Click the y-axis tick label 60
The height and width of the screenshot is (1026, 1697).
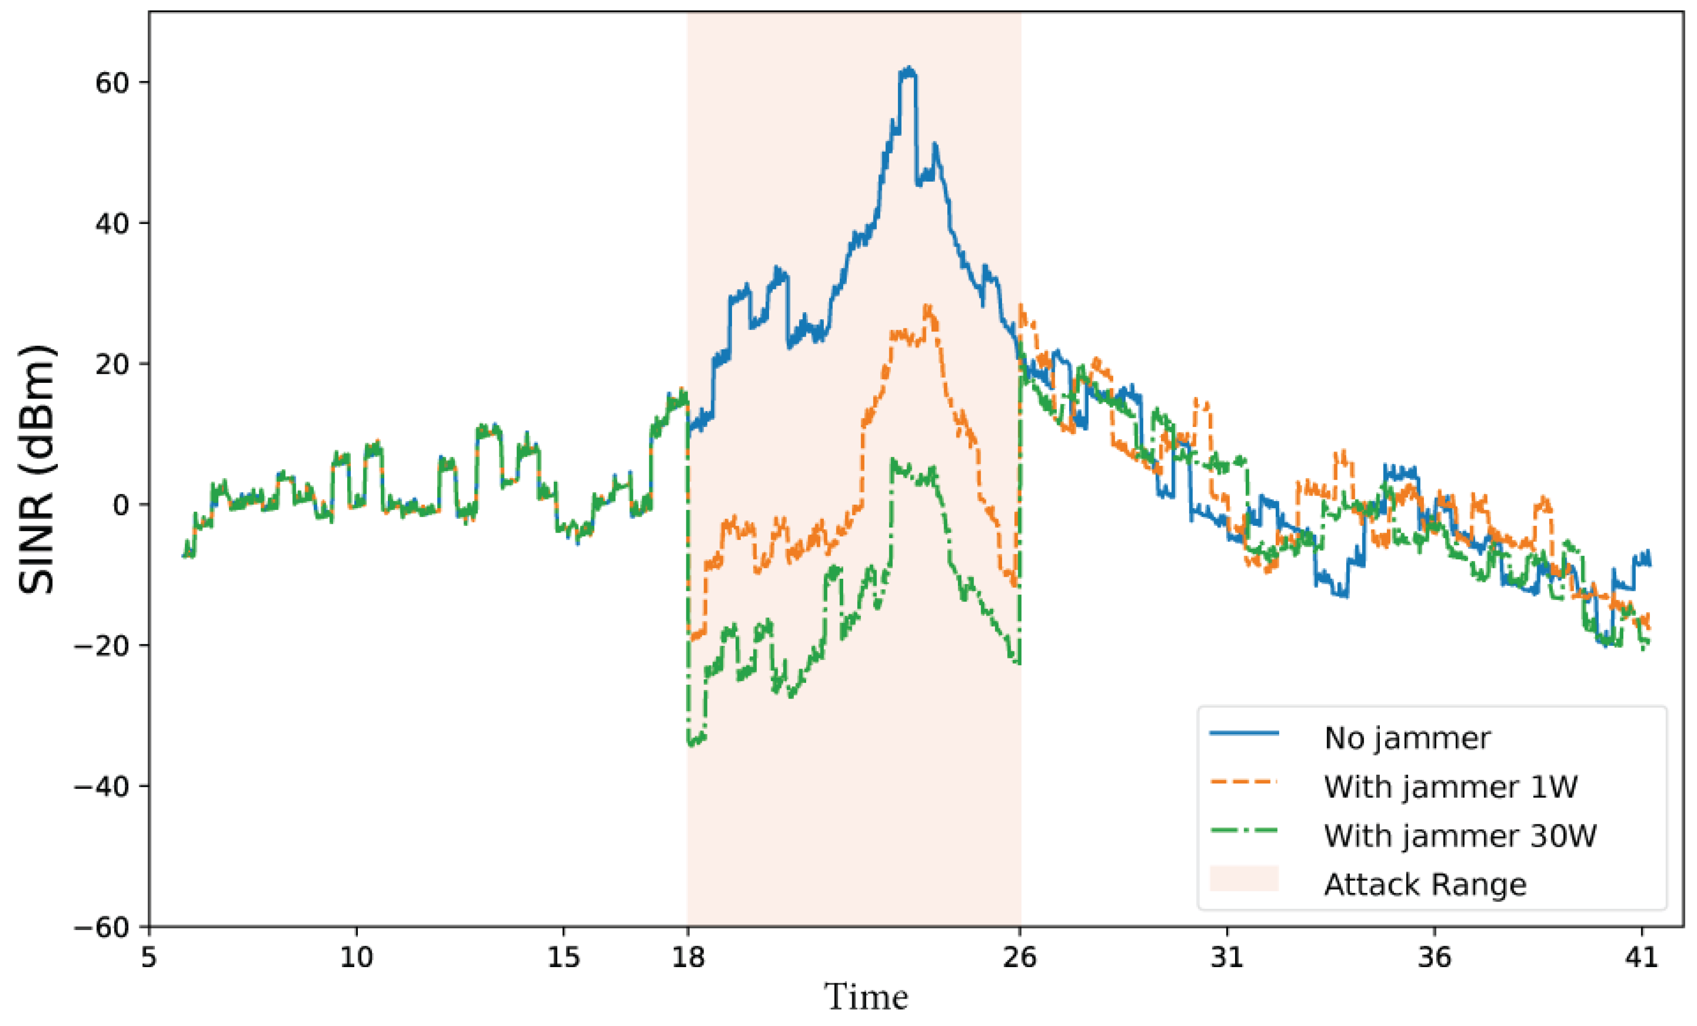click(112, 83)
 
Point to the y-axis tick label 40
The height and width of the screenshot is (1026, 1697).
click(112, 224)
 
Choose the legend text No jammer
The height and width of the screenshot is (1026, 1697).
click(1407, 738)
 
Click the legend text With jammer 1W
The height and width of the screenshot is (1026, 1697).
click(1450, 786)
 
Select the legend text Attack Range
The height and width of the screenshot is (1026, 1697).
click(1425, 884)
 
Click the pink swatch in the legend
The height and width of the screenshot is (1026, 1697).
click(1244, 879)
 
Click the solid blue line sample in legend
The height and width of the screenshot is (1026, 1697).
click(1244, 733)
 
